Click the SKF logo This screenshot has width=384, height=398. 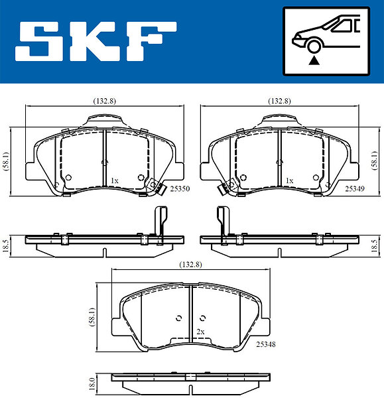tap(96, 41)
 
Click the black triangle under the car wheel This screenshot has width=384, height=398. tap(314, 60)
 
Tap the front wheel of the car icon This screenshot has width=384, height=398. tap(314, 46)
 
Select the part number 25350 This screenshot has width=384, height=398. tap(180, 188)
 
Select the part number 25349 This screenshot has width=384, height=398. tap(355, 188)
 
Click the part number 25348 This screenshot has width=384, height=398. tap(266, 344)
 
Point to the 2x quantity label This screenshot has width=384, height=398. tap(200, 332)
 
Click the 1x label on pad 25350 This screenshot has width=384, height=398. tap(115, 180)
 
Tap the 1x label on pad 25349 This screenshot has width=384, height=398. tap(290, 180)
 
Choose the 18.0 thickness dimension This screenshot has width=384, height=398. tap(92, 383)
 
